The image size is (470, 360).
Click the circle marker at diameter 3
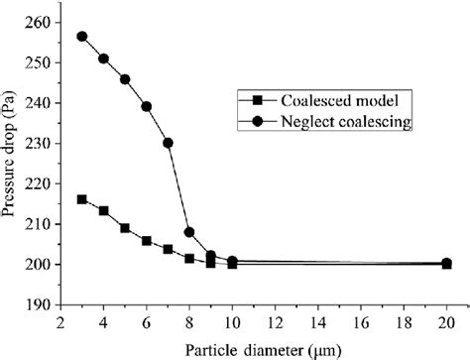coord(82,37)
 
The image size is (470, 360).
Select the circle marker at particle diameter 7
coord(169,143)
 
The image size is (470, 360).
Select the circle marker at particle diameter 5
coord(125,79)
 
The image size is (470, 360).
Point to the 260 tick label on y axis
coord(37,22)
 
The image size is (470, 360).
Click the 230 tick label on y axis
coord(37,143)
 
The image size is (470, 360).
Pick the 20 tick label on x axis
coord(447,322)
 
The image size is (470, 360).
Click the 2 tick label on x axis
coord(61,322)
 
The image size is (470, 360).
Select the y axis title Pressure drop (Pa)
coord(12,163)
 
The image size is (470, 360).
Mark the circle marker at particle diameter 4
coord(104,59)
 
